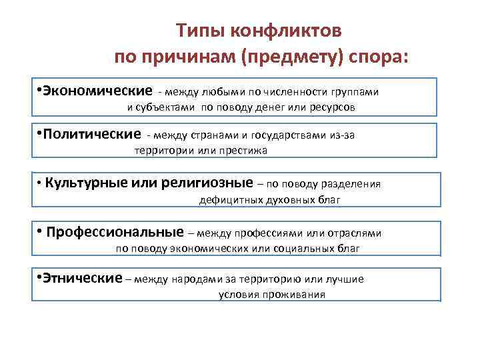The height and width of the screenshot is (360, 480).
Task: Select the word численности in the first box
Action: coord(301,91)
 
